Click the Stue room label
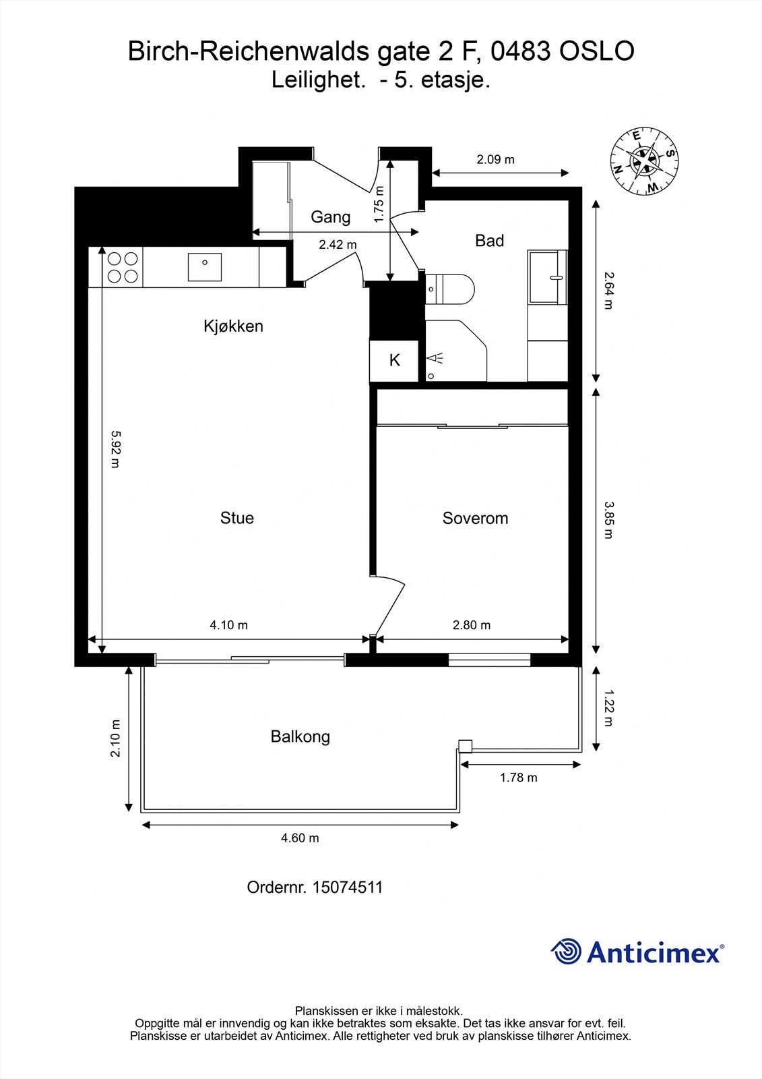pos(237,518)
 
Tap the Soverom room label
pos(475,518)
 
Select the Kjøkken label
pos(233,326)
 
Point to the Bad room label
pos(489,241)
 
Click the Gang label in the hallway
pos(330,217)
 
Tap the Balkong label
pos(300,736)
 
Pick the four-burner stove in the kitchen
pos(123,267)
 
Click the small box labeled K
pos(394,361)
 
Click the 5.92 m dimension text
pos(115,450)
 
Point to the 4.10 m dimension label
pos(229,625)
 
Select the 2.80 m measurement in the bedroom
pos(472,625)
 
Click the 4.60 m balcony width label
pos(300,838)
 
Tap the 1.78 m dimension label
pos(518,778)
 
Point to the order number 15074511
pos(348,887)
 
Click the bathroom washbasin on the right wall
pos(548,276)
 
